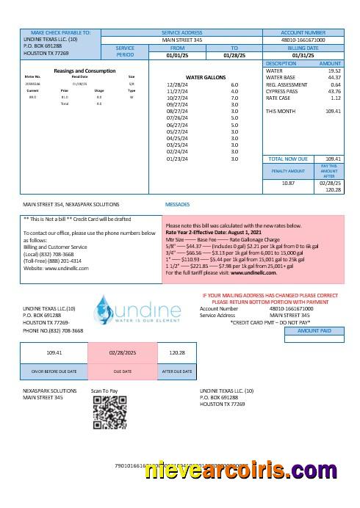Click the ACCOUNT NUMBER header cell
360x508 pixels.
(x=303, y=32)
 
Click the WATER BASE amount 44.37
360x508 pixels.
(x=334, y=77)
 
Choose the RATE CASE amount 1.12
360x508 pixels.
(x=335, y=97)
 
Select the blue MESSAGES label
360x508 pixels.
(x=178, y=204)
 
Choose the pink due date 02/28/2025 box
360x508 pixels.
(x=123, y=352)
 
